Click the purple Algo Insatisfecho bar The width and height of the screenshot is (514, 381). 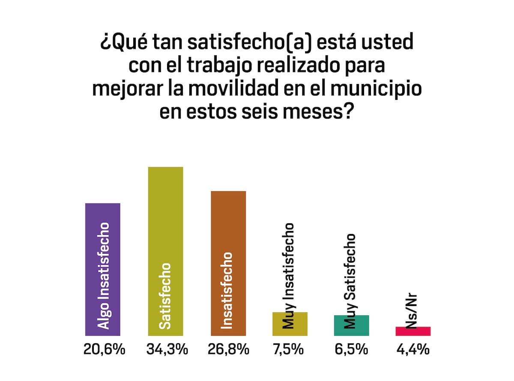click(x=103, y=269)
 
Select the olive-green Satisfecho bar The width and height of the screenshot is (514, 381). click(x=165, y=251)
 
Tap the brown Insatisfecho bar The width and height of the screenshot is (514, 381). click(x=228, y=263)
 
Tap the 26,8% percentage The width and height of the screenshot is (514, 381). click(x=228, y=349)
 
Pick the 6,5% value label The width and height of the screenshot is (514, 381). click(x=351, y=349)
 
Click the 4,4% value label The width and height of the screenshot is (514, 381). click(x=413, y=349)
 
